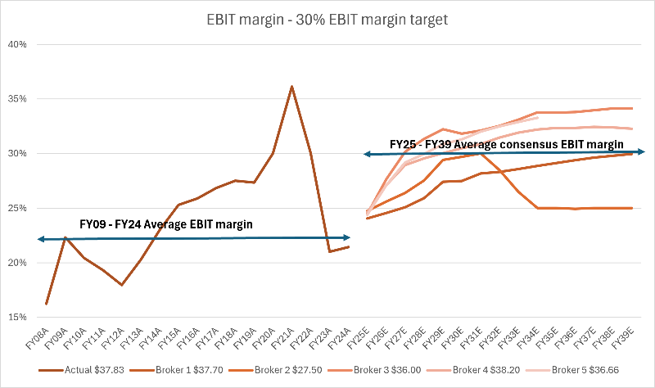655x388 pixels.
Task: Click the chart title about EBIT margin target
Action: click(327, 19)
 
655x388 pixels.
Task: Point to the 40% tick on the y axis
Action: click(18, 44)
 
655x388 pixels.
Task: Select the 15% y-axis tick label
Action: click(18, 317)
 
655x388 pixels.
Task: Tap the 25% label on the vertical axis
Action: click(18, 208)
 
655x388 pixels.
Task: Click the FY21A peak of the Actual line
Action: click(291, 86)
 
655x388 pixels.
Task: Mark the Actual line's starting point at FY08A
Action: click(47, 304)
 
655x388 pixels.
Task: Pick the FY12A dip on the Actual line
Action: click(121, 284)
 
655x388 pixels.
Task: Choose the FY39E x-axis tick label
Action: click(629, 336)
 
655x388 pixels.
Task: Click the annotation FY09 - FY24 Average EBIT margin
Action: click(165, 224)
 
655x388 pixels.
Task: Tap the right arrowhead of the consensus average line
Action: click(642, 151)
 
